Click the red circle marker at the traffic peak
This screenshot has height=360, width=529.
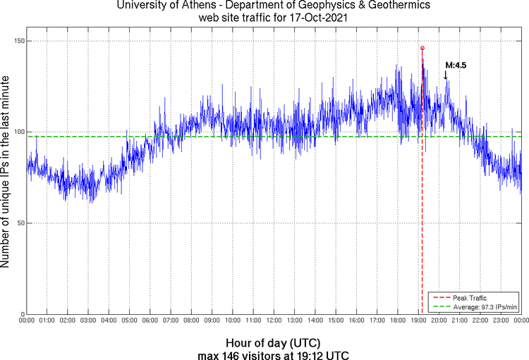(422, 48)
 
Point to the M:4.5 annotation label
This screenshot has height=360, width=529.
(456, 66)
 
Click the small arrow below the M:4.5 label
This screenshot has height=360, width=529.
(445, 75)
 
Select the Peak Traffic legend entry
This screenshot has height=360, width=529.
(470, 298)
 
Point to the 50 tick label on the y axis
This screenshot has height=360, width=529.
(19, 223)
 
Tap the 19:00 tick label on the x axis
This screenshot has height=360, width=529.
(418, 321)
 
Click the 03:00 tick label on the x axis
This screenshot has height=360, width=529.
(88, 321)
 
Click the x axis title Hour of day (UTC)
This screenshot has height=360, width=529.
(274, 341)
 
